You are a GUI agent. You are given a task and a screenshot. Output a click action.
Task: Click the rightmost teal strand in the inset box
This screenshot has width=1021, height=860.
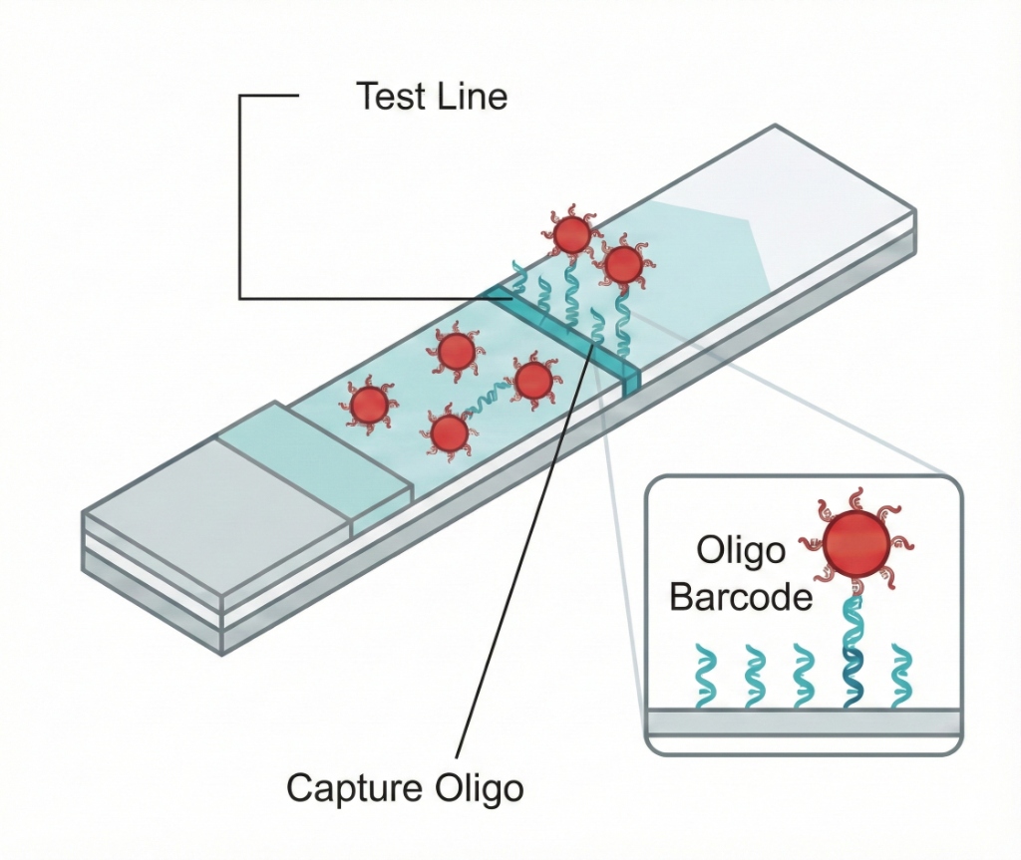point(902,676)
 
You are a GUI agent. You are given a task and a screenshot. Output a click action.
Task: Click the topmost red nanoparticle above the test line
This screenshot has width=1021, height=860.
point(571,234)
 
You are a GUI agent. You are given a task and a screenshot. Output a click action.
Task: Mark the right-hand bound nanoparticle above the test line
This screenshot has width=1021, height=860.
point(623,264)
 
